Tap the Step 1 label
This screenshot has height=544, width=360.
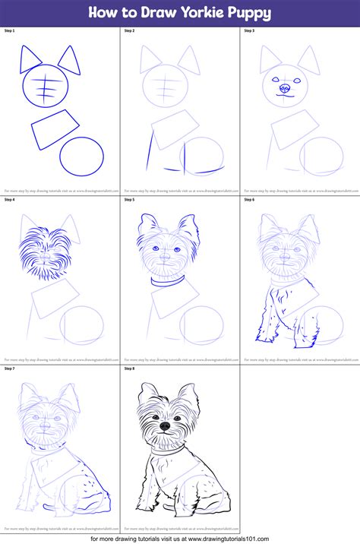[x=10, y=31]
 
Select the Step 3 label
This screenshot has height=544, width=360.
[x=249, y=31]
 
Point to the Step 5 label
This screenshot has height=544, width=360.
[x=129, y=200]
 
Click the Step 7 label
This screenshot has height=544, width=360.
[x=10, y=368]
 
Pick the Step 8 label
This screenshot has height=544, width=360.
[x=129, y=368]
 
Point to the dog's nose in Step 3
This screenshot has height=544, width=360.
[x=285, y=88]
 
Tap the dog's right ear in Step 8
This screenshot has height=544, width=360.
[x=187, y=397]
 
